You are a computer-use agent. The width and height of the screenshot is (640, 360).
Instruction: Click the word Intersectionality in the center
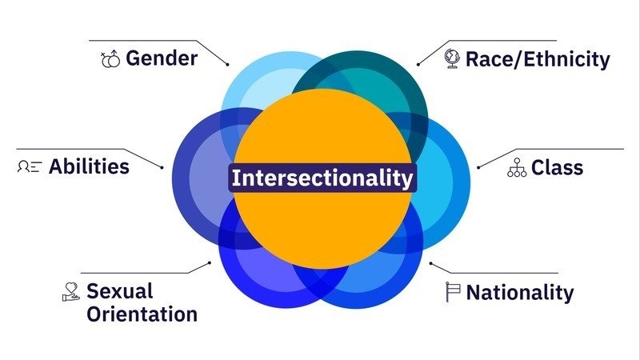click(323, 178)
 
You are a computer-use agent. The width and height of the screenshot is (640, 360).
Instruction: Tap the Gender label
click(162, 58)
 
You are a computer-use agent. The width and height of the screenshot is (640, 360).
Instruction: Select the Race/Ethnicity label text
click(538, 58)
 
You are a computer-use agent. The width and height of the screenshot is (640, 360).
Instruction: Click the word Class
click(557, 168)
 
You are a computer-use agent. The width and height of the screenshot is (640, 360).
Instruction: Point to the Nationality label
click(520, 293)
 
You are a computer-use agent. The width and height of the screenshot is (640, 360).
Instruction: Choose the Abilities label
click(89, 166)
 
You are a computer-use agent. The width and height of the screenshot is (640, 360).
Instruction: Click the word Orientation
click(142, 314)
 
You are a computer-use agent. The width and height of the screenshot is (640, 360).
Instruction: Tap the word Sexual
click(119, 290)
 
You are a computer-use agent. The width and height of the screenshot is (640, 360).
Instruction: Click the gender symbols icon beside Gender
click(110, 58)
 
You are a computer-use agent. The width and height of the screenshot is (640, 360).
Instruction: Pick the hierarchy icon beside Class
click(517, 168)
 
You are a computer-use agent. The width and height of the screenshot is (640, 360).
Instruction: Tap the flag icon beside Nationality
click(454, 292)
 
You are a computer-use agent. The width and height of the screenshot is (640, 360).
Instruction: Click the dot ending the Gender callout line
click(228, 64)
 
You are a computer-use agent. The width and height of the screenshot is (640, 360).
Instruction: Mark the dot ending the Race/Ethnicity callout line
click(418, 64)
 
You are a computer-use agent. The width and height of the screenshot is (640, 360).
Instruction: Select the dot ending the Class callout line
click(478, 167)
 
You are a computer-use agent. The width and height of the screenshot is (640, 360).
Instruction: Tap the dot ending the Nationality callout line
click(430, 262)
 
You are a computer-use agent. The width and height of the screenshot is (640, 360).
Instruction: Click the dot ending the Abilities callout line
click(162, 167)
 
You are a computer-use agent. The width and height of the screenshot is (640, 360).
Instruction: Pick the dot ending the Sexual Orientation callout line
click(210, 262)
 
